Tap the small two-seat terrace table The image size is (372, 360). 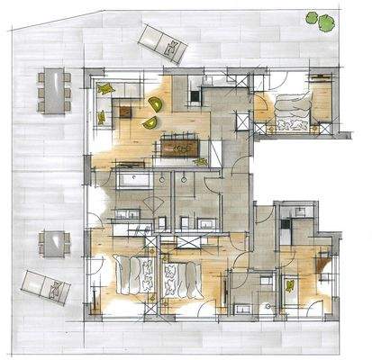pos(55,242)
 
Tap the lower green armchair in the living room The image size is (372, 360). pos(150,121)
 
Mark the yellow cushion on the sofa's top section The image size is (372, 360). pos(108,87)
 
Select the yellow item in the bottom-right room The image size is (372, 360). pos(290,286)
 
